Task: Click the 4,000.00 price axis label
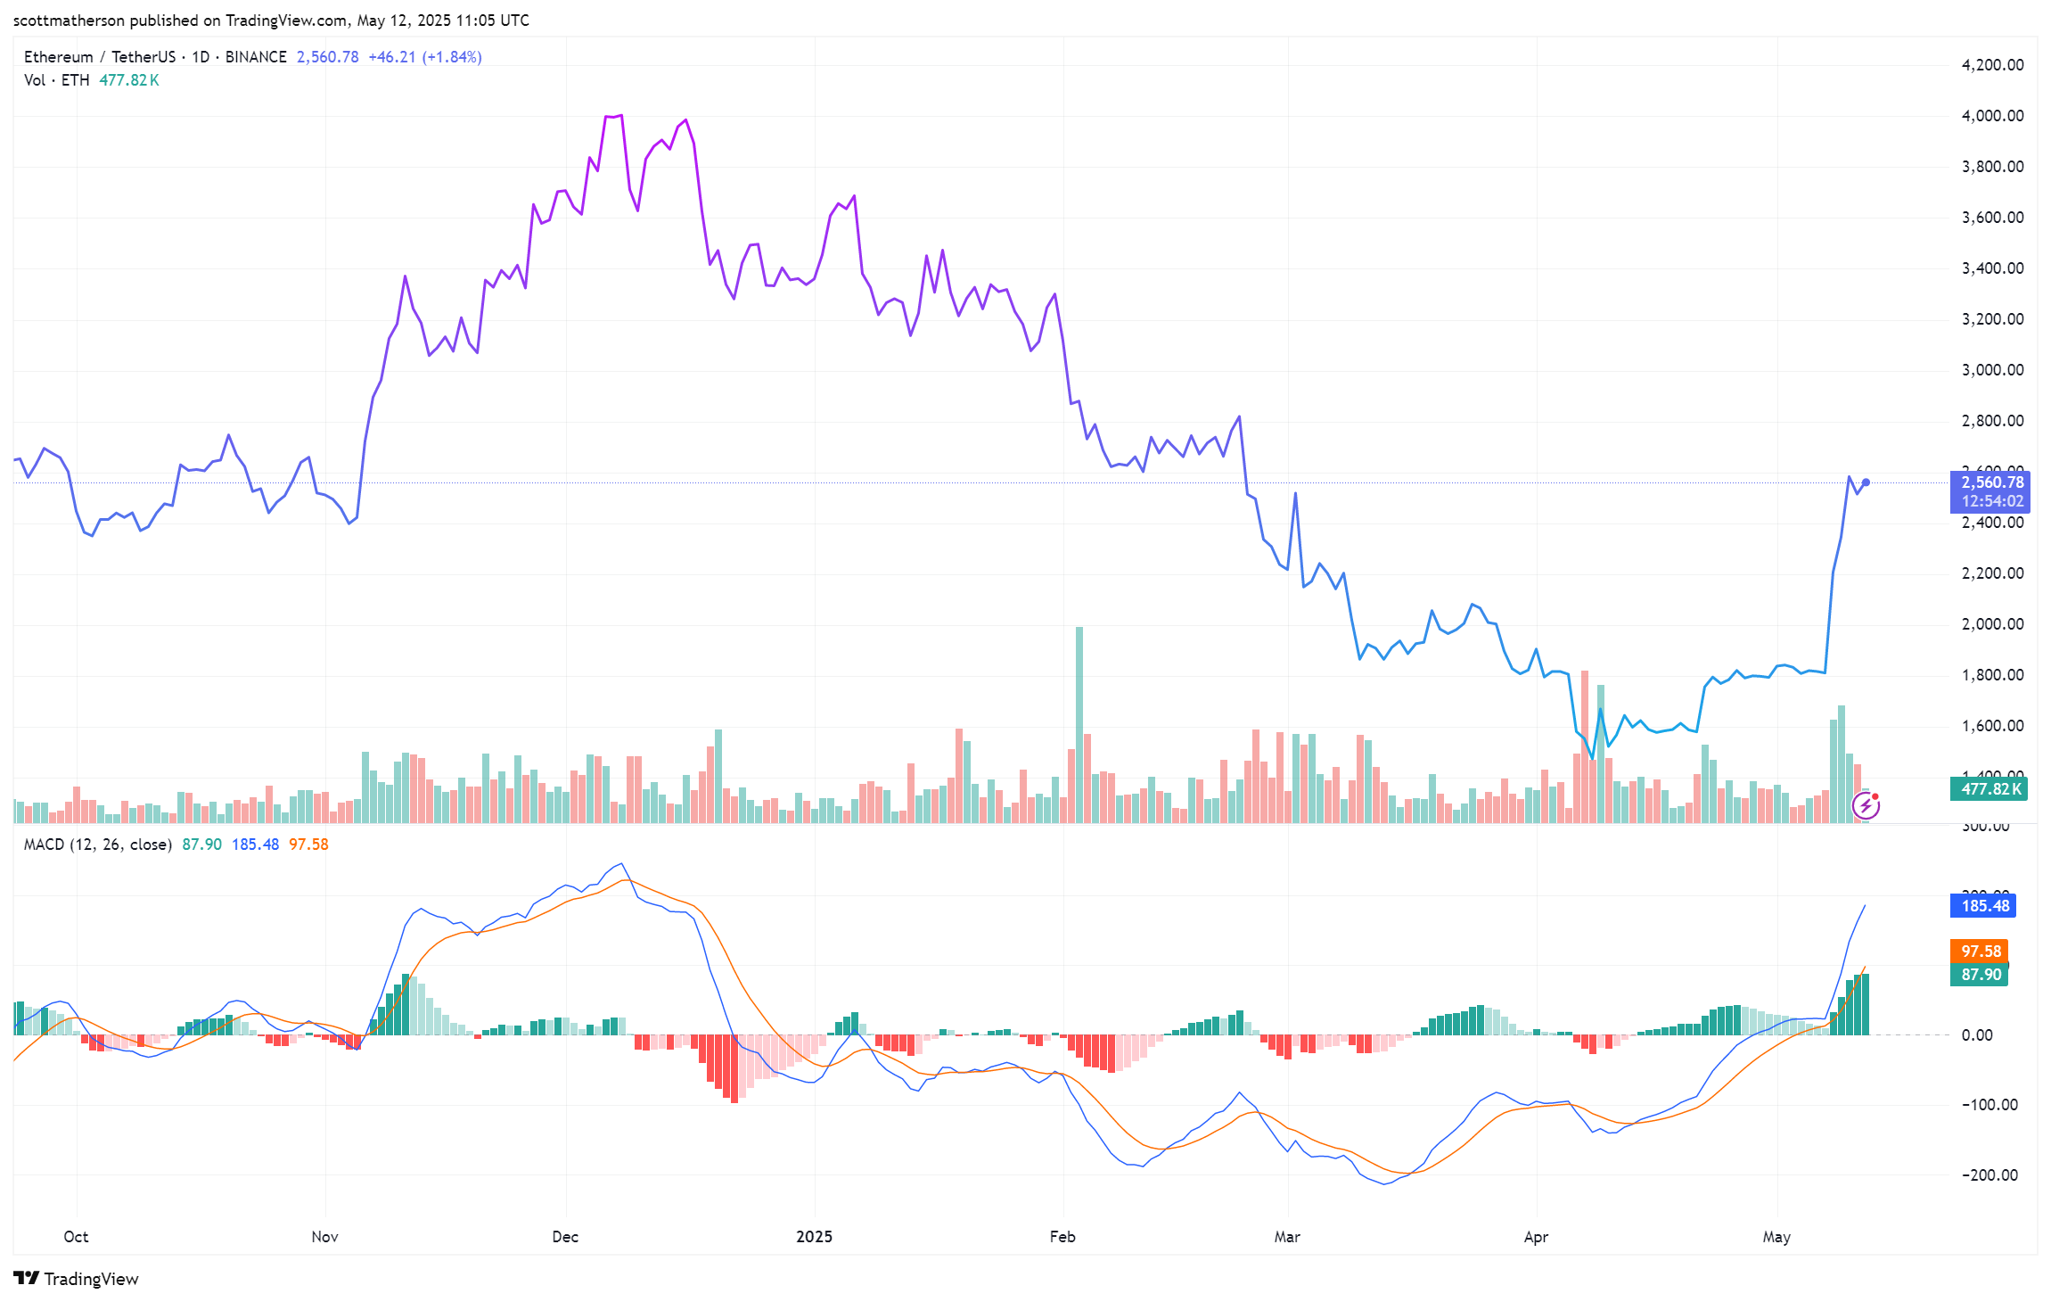[1992, 116]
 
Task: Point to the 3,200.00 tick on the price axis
[1992, 319]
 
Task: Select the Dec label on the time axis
[565, 1237]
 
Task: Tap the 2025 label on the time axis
[814, 1237]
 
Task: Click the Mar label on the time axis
[1287, 1237]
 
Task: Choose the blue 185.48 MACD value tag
[1985, 906]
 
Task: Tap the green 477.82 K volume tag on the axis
[1990, 789]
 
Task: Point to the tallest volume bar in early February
[1079, 722]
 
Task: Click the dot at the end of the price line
[1866, 482]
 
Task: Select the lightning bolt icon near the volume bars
[1866, 806]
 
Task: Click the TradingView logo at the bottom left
[77, 1279]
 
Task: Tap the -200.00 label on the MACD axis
[1989, 1175]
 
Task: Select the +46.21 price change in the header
[392, 57]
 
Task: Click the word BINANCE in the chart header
[256, 57]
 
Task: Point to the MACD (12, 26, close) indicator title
[98, 845]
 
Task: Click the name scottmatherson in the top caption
[70, 21]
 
